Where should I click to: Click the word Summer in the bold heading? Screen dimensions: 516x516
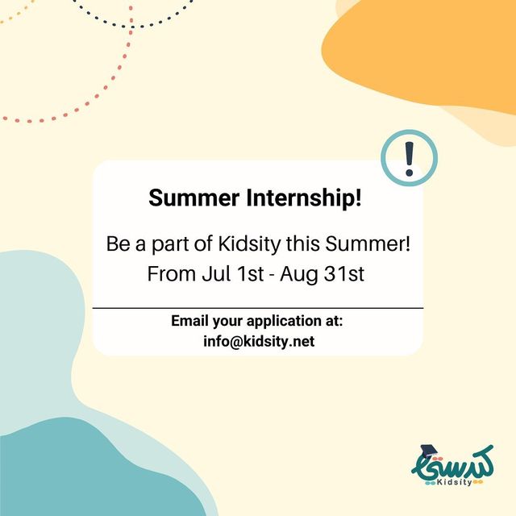(193, 198)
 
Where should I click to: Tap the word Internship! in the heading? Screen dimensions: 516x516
(304, 198)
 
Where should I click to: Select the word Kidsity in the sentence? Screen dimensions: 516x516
(249, 244)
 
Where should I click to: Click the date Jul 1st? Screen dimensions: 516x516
(233, 274)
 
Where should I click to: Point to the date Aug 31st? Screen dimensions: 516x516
(322, 274)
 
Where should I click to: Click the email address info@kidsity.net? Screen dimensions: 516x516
(259, 341)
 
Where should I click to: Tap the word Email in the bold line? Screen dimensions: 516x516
(190, 321)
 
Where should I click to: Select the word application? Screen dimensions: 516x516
(285, 321)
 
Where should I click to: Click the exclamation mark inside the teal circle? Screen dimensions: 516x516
(409, 159)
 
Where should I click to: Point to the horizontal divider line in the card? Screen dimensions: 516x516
(258, 308)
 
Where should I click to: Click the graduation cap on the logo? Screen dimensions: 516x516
(428, 451)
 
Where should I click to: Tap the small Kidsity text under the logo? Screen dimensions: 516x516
(454, 482)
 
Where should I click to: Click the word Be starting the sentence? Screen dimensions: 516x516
(119, 243)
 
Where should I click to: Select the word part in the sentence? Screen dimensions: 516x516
(170, 245)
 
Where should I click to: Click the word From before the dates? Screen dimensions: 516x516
(172, 274)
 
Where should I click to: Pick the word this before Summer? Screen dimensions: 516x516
(303, 243)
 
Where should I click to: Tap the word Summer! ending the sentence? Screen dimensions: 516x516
(368, 243)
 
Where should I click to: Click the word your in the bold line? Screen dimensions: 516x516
(227, 322)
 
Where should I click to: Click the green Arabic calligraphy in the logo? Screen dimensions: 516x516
(453, 464)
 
